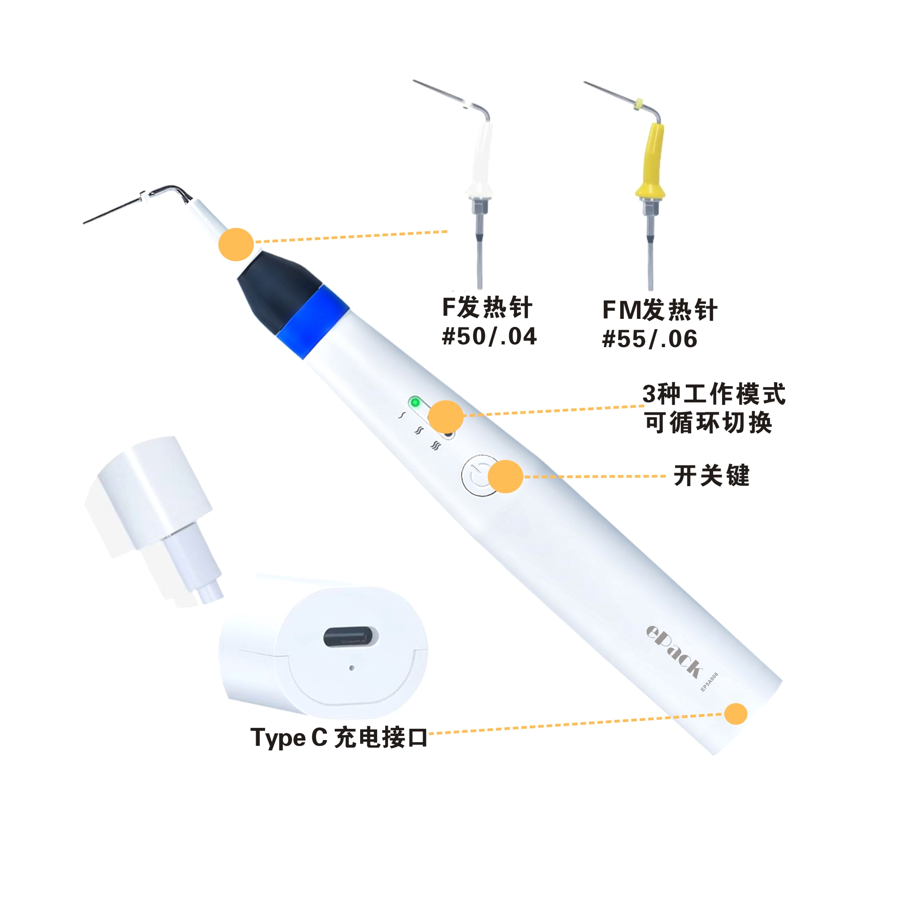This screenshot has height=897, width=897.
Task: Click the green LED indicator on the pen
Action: [x=415, y=402]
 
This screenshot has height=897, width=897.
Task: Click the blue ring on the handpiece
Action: [x=313, y=322]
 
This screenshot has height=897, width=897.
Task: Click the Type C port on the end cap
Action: [x=351, y=636]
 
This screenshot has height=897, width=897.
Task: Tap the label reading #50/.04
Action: [x=489, y=336]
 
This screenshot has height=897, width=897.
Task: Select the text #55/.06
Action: [x=649, y=339]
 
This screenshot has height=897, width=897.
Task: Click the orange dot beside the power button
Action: [x=505, y=476]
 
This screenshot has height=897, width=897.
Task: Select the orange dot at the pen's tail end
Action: [x=736, y=714]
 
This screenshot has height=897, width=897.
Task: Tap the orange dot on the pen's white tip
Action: [x=236, y=244]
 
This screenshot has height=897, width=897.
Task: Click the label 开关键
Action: [x=711, y=475]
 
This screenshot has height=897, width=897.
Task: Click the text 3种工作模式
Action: [x=714, y=394]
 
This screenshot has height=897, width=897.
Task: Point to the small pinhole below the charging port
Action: [x=352, y=668]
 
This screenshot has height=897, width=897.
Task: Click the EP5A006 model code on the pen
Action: [x=709, y=682]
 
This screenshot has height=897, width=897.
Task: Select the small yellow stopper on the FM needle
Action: [x=639, y=105]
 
